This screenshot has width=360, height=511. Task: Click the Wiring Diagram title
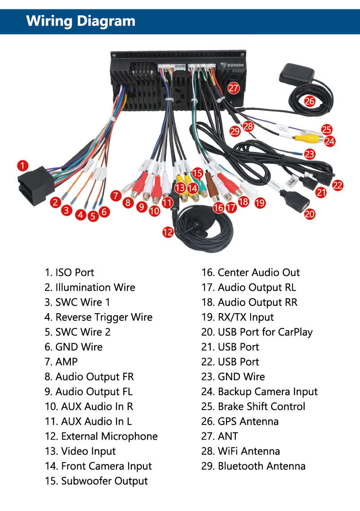[81, 21]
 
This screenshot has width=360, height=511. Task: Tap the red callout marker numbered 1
[23, 165]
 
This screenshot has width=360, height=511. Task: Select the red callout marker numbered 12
[168, 232]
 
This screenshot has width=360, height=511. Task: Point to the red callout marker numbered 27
[234, 88]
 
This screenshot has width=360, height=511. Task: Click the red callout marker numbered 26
[310, 101]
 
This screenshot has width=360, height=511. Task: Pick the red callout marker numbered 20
[310, 214]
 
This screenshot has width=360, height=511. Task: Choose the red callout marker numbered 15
[198, 173]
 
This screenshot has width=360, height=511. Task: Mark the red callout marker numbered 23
[310, 154]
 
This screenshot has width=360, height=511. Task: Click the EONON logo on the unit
[232, 65]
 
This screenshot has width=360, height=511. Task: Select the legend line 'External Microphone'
[101, 437]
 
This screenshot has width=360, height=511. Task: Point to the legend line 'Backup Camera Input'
[260, 392]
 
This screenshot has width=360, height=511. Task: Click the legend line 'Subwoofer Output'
[96, 481]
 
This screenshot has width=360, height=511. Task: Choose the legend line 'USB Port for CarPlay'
[257, 332]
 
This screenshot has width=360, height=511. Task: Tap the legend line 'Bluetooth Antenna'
[254, 466]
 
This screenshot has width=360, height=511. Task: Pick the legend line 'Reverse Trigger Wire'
[99, 317]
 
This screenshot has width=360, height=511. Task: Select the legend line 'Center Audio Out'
[251, 272]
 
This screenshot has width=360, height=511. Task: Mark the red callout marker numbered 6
[104, 212]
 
